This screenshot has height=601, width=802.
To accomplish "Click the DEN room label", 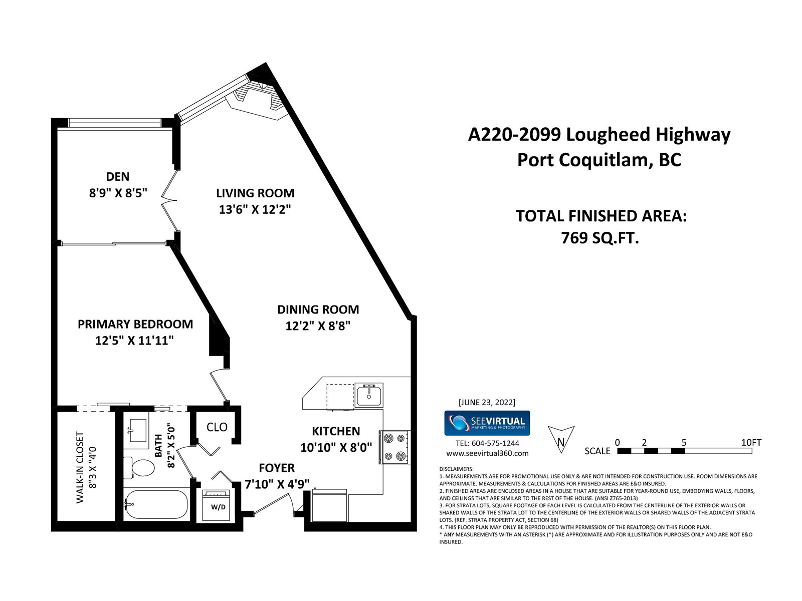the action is [x=118, y=177].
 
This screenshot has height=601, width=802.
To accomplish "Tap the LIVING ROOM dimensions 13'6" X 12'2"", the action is [x=255, y=209].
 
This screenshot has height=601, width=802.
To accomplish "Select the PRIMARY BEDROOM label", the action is [x=135, y=324].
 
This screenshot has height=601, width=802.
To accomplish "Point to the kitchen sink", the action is [x=369, y=395].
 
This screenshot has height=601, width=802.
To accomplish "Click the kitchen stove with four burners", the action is [x=395, y=447].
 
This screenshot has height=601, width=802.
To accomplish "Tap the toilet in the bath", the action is [x=139, y=467].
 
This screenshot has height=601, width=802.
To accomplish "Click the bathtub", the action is [x=156, y=504].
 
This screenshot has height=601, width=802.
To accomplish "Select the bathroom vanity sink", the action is [x=137, y=431].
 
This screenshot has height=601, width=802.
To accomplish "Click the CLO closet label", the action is [x=217, y=427].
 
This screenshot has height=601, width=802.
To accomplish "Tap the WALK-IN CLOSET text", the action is [x=80, y=467].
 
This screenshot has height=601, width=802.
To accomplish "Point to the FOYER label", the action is [x=277, y=468].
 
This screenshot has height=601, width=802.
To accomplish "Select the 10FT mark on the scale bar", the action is [x=751, y=443].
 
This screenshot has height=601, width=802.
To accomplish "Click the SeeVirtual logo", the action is [x=487, y=423].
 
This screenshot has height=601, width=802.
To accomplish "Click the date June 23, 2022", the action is [x=487, y=402].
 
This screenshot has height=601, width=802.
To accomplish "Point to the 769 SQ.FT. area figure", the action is [x=600, y=238].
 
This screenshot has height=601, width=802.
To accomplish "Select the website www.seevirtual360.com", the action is [x=487, y=454].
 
